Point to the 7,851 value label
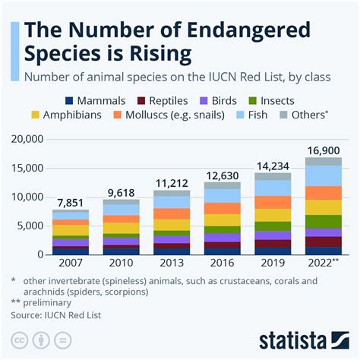[x=70, y=201]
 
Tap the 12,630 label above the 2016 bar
[x=222, y=174]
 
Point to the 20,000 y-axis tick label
[x=28, y=140]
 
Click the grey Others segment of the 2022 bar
[x=324, y=161]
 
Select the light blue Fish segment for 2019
[x=273, y=188]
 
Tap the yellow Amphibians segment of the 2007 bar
[x=70, y=229]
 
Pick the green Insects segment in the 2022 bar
[x=324, y=221]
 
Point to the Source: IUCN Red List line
[x=57, y=313]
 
